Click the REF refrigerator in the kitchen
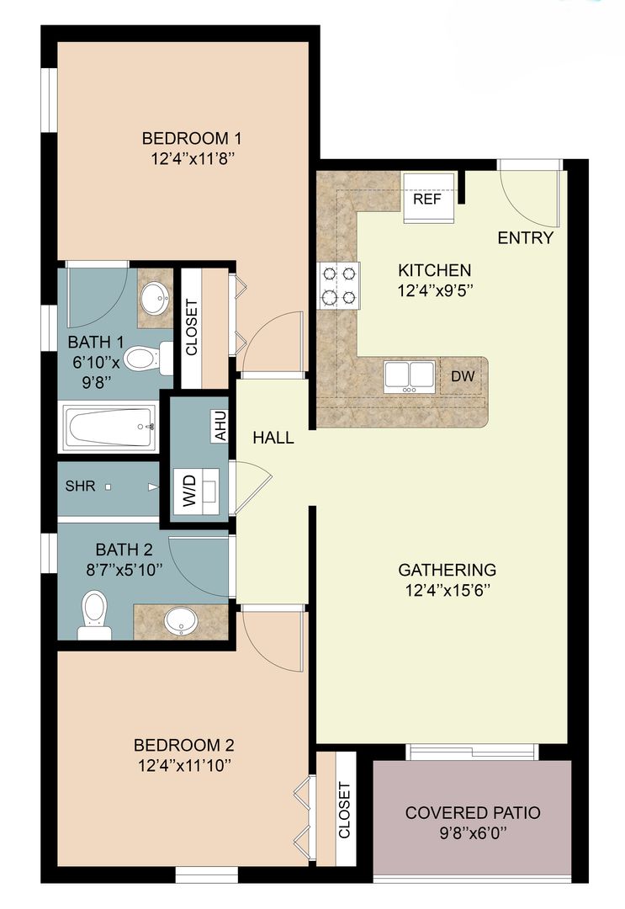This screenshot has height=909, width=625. (x=427, y=199)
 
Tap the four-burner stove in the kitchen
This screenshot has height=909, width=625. (x=338, y=285)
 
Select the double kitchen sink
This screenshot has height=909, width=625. (x=408, y=375)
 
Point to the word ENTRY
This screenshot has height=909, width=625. (x=526, y=238)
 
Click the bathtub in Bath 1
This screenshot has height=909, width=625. (x=110, y=428)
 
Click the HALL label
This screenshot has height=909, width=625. (x=274, y=438)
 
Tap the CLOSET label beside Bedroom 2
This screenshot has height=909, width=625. (x=344, y=810)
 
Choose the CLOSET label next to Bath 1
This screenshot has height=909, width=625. (x=190, y=327)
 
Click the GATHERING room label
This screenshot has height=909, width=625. (x=447, y=570)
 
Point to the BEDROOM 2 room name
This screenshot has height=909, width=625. (x=183, y=745)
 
